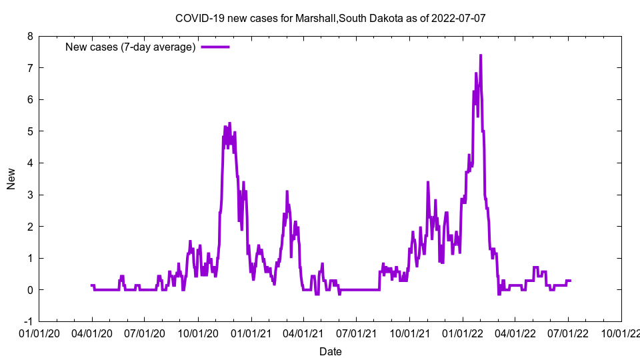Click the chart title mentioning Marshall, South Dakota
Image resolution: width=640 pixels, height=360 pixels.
(x=330, y=18)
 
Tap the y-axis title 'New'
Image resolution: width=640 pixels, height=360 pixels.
(x=11, y=179)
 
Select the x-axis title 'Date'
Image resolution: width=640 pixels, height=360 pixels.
(x=330, y=351)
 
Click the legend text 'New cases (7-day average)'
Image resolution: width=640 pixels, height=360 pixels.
(x=130, y=47)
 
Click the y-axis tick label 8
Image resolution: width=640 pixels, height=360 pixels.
(x=30, y=36)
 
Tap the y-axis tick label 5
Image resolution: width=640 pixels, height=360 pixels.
(x=30, y=131)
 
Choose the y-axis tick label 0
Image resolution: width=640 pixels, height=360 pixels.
(x=30, y=290)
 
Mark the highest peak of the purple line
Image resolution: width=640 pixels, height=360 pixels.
(x=481, y=55)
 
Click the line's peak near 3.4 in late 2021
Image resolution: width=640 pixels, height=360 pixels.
(x=428, y=182)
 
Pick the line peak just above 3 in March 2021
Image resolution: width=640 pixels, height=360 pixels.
(x=287, y=191)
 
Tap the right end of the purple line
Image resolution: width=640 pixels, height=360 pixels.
(x=571, y=281)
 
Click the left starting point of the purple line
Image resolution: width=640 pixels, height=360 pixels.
(x=91, y=285)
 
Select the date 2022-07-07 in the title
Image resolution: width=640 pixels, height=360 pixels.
(x=458, y=18)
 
